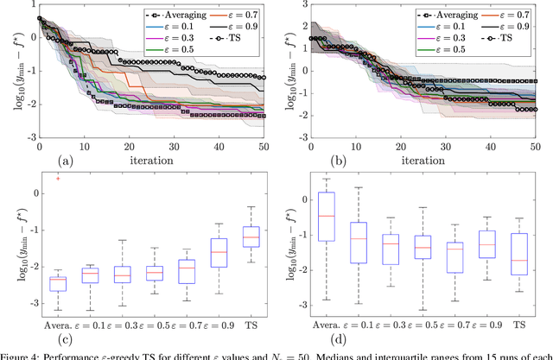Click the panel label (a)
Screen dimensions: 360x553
[x=63, y=159]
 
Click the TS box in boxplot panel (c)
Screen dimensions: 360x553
[x=251, y=237]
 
